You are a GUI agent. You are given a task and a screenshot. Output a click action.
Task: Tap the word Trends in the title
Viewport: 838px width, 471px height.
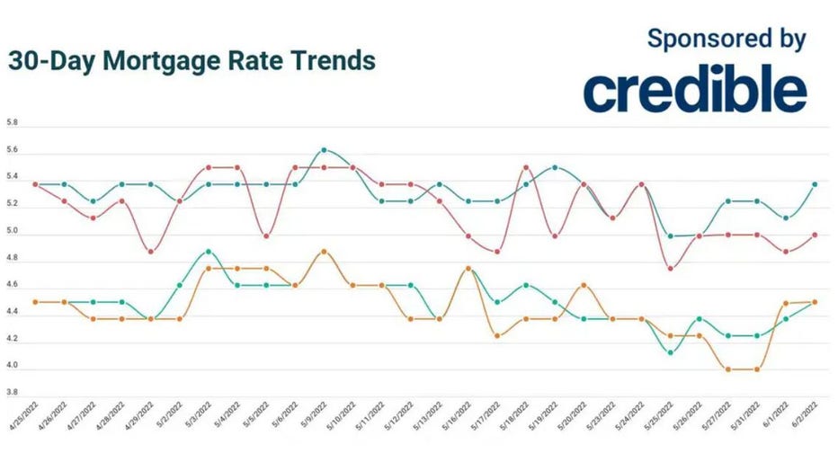point(331,61)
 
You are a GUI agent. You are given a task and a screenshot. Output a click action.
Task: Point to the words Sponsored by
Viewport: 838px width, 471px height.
point(727,38)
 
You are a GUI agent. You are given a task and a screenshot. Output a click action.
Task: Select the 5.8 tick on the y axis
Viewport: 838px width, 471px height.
point(12,121)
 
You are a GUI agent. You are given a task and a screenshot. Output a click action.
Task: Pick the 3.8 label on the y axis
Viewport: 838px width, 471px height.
point(12,392)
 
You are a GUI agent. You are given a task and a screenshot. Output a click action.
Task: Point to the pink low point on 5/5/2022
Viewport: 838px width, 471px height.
point(266,236)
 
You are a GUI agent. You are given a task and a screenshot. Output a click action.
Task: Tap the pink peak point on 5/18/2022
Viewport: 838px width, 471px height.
point(526,167)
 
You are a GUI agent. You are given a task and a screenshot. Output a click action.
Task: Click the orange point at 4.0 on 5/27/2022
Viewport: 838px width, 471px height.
point(728,369)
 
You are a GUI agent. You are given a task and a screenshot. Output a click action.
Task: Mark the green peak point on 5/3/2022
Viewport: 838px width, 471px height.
point(208,252)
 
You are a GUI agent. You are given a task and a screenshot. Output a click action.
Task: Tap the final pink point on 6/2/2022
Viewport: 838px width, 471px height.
point(815,235)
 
